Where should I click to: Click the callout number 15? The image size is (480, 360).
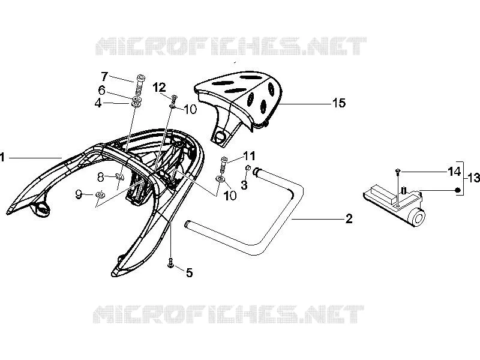coord(338,103)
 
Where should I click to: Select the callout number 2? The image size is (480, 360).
coord(349,218)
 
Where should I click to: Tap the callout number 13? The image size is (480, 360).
coord(474,178)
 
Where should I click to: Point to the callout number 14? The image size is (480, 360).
coord(454,172)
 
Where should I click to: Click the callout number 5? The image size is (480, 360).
coord(190,272)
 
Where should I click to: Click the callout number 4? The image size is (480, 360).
coord(98,103)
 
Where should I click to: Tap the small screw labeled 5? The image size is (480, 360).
coord(170,262)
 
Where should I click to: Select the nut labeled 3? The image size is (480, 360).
coord(248,167)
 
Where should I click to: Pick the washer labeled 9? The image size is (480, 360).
coord(100,194)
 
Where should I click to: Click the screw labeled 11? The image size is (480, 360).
coord(224,164)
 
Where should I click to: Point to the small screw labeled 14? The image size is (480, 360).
coord(397,171)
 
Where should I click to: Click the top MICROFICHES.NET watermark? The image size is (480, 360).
coord(231,46)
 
